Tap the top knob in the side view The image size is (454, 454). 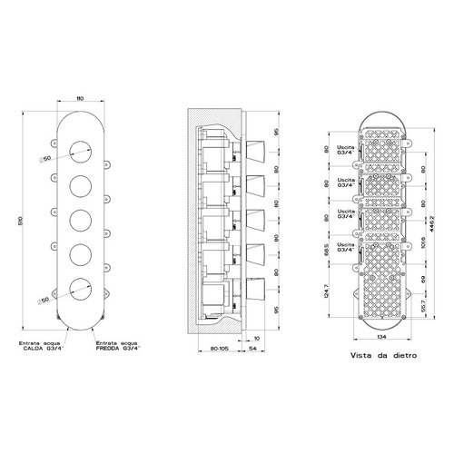click(257, 149)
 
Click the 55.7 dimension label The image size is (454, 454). click(425, 309)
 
